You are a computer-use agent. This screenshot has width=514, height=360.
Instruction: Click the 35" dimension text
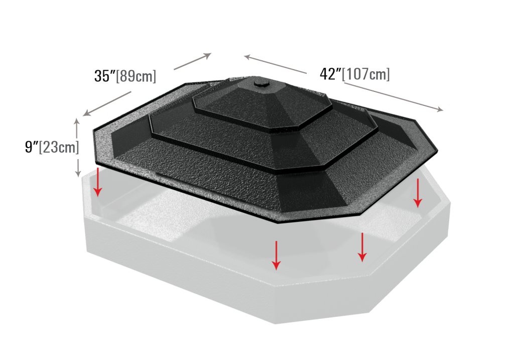[x=104, y=76]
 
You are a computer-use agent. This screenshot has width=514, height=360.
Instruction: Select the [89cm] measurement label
[x=136, y=76]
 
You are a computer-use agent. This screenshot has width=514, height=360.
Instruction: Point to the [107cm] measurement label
[x=366, y=74]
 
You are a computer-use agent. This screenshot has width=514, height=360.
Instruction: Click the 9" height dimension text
[x=32, y=147]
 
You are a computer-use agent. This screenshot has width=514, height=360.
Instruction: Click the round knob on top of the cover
[x=261, y=81]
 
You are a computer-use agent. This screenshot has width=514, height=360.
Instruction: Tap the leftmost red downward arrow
[x=98, y=182]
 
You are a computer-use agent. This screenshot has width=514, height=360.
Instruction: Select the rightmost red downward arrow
[x=418, y=193]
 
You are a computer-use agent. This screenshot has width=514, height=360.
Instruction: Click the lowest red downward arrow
[x=277, y=256]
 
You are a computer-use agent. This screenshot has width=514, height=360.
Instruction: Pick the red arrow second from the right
[x=362, y=247]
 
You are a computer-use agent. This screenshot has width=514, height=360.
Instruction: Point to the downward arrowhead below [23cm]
[x=78, y=174]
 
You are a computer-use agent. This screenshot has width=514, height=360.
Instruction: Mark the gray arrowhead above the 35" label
[x=208, y=56]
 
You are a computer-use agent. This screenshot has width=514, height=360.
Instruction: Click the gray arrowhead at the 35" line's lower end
[x=86, y=112]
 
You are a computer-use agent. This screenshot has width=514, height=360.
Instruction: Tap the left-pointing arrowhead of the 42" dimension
[x=248, y=57]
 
